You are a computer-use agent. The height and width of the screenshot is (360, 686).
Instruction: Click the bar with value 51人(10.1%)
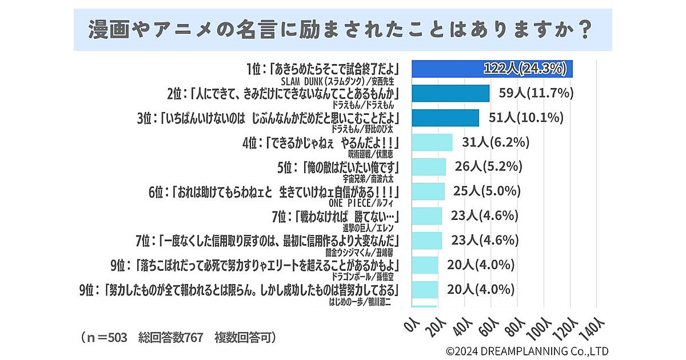click(x=445, y=118)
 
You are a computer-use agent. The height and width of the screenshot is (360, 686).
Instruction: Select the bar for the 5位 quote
click(x=429, y=167)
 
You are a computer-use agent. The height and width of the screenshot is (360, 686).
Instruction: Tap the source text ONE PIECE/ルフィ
click(x=364, y=203)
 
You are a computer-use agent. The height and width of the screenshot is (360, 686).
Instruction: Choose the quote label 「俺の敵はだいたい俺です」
click(x=346, y=167)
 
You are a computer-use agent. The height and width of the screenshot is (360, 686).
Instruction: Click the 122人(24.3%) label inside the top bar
click(x=525, y=69)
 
